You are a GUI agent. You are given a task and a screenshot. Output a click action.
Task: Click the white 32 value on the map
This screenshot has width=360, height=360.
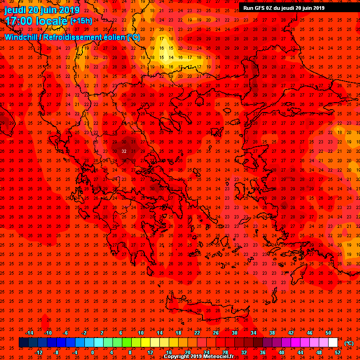124,151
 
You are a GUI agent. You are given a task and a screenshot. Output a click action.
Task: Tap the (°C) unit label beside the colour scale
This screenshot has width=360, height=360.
349,343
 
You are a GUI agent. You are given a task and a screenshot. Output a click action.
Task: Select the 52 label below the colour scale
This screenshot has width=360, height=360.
337,352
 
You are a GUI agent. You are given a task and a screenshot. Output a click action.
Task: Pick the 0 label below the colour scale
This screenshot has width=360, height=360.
92,352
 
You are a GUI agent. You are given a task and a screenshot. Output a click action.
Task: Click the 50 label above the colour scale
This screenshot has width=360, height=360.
328,333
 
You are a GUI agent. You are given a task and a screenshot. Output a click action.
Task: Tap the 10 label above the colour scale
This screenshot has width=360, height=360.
141,333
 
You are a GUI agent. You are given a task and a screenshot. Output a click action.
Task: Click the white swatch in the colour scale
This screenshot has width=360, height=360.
333,343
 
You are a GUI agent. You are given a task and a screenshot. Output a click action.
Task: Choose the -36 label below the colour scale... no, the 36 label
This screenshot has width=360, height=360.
262,352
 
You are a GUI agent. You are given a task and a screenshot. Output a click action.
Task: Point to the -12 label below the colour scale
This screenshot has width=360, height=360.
38,352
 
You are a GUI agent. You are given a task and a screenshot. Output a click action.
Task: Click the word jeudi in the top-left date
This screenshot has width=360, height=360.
15,10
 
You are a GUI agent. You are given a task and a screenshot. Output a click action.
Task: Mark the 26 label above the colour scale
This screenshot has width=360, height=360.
216,333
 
